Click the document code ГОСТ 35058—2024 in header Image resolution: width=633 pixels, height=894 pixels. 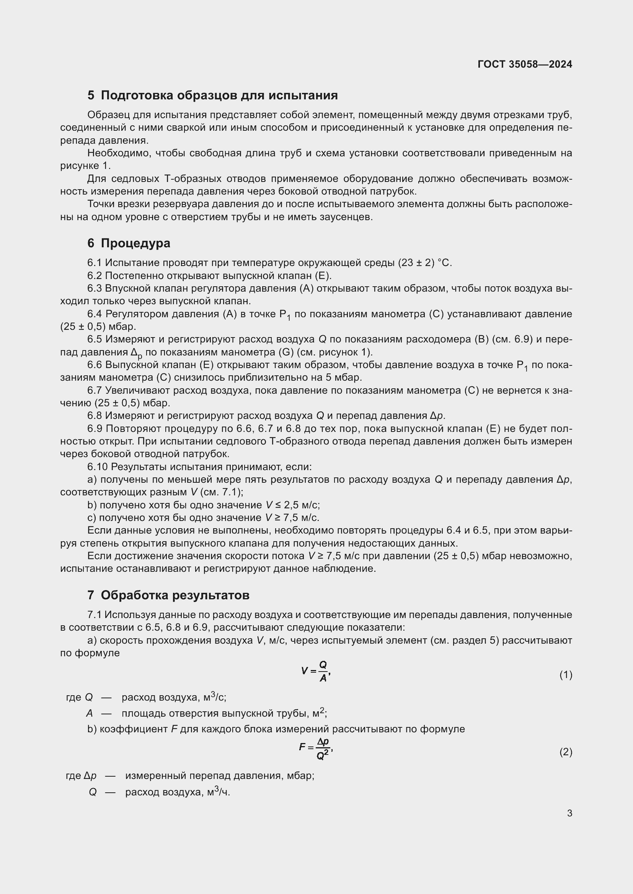point(525,64)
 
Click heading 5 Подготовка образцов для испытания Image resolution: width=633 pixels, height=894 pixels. point(212,96)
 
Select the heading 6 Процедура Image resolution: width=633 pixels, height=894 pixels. point(129,243)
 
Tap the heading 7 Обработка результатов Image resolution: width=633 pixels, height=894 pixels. point(168,595)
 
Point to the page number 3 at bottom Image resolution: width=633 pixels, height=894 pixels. point(569,813)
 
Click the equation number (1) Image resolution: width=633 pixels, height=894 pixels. point(566,675)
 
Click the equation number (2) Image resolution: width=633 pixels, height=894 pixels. point(566,752)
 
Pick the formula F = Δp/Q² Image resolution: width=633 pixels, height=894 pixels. point(316,748)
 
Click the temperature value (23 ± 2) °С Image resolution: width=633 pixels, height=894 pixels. point(424,263)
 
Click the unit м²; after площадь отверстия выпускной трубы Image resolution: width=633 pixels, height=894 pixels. point(320,713)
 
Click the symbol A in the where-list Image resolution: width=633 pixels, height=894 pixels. point(90,713)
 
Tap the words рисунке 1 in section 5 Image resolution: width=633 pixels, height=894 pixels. point(85,166)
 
